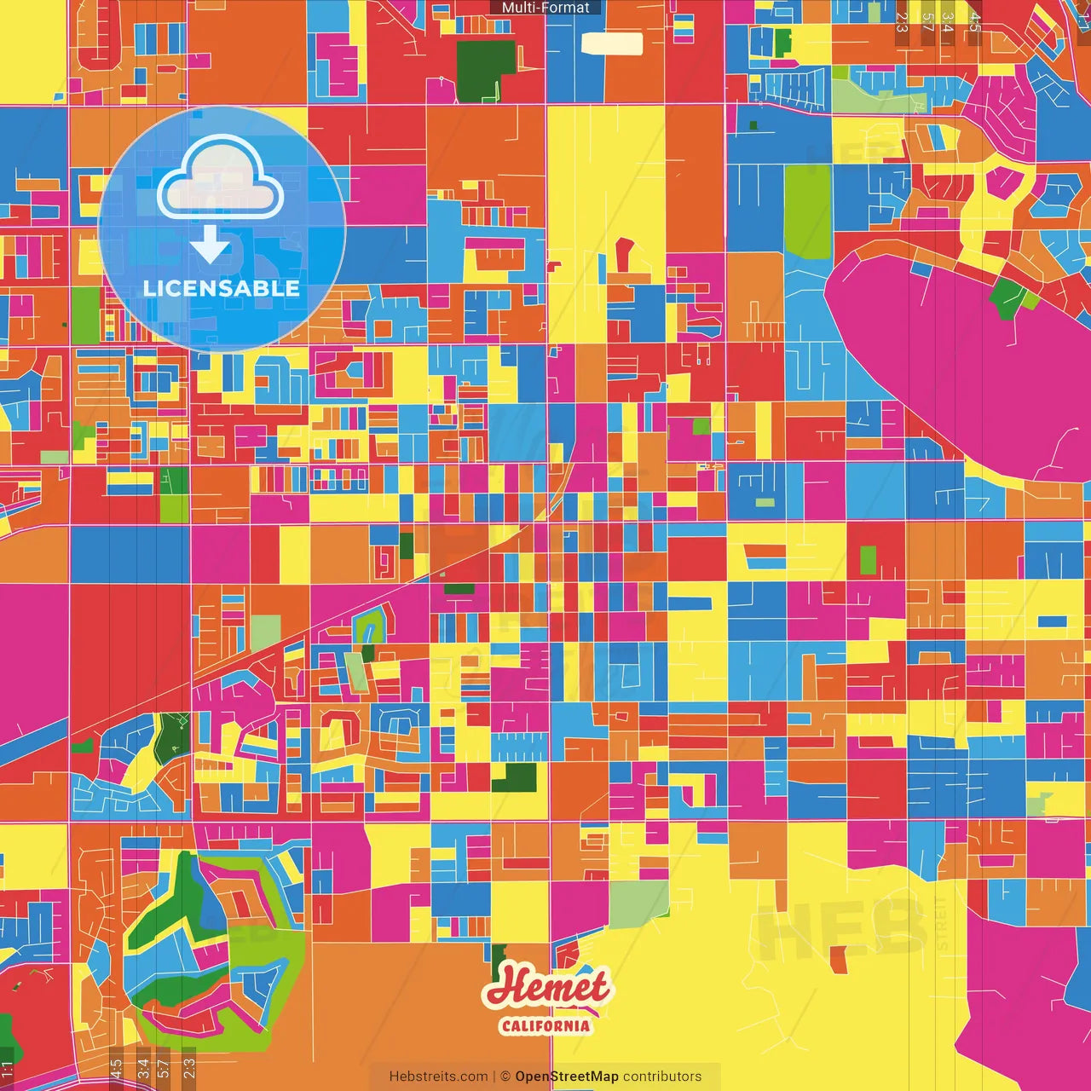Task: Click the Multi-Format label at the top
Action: tap(545, 8)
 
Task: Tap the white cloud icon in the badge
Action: tap(220, 181)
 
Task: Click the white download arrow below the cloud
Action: tap(210, 245)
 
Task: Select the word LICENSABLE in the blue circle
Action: tap(222, 288)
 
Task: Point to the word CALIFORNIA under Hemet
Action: tap(545, 1025)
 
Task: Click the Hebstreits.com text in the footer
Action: tap(438, 1077)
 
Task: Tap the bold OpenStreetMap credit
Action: tap(567, 1077)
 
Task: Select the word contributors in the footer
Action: tap(662, 1077)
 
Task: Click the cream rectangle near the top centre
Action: tap(612, 43)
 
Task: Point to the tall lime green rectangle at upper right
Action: tap(807, 211)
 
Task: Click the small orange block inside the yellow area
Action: tap(839, 959)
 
